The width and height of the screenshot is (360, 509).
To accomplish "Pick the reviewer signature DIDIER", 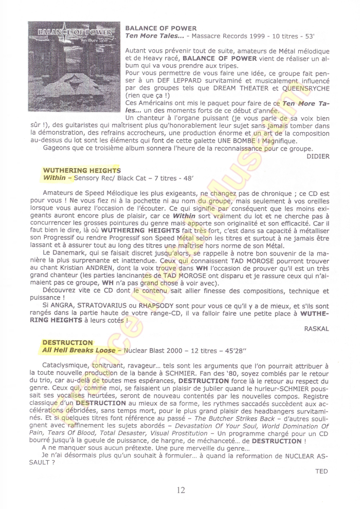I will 317,156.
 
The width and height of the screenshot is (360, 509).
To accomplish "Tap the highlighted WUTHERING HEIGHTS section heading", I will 82,170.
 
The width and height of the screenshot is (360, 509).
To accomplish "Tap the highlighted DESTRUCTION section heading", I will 67,342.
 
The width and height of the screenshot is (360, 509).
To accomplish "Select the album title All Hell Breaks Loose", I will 79,350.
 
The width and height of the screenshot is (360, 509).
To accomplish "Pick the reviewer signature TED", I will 321,470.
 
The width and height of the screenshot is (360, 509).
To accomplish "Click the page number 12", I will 180,490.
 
